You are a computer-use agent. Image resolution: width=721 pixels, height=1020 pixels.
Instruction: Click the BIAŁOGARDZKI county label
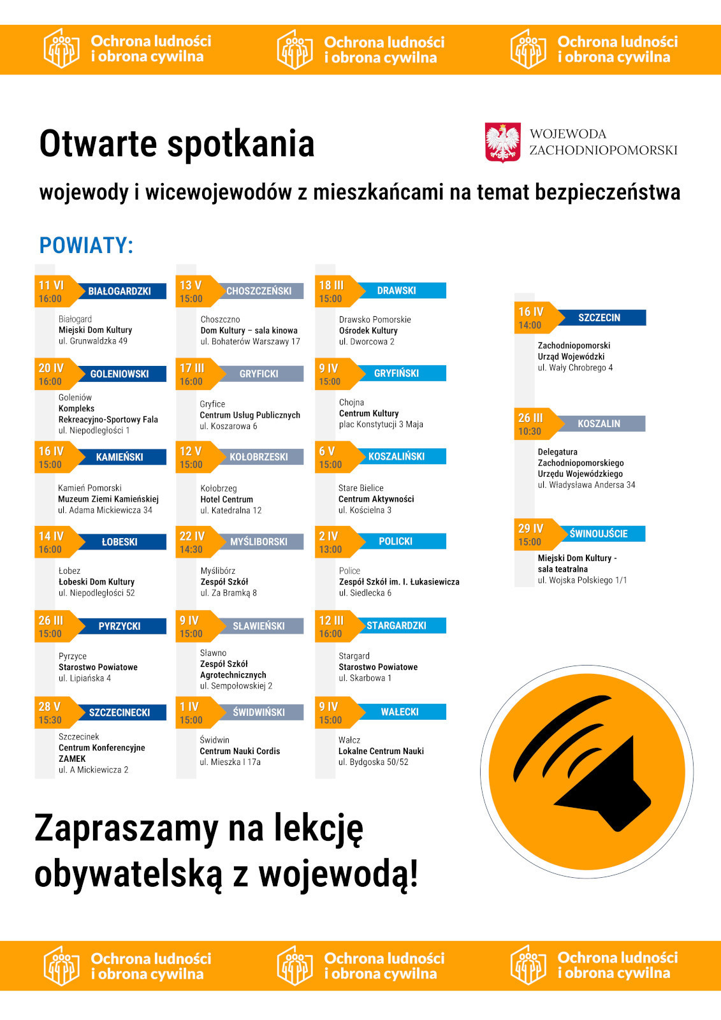point(120,291)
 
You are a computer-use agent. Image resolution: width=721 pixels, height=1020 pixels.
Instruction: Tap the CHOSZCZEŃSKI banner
point(259,291)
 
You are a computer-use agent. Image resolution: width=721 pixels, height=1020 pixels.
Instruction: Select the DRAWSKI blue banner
point(397,291)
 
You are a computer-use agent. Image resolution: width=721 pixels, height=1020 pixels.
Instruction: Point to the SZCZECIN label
point(599,317)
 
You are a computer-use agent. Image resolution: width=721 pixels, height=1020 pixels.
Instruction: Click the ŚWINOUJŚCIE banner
point(599,534)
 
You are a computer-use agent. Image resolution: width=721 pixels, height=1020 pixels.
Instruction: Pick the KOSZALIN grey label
point(599,423)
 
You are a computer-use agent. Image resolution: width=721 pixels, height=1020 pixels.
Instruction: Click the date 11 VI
point(51,285)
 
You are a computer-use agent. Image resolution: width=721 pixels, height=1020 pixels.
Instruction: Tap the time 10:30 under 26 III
point(530,432)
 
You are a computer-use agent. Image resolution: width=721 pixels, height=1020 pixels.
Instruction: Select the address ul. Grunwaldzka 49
point(93,341)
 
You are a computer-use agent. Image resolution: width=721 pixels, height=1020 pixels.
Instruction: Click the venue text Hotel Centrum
point(226,499)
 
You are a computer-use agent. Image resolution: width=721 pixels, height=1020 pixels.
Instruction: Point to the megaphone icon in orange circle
point(586,771)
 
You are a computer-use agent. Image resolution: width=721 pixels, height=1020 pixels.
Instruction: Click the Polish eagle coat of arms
point(503,142)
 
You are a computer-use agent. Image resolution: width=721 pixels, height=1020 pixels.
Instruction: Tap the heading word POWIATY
point(86,245)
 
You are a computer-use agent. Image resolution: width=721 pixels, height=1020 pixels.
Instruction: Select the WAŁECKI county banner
point(400,712)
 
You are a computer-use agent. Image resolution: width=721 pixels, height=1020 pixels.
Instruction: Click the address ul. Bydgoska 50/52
point(374,762)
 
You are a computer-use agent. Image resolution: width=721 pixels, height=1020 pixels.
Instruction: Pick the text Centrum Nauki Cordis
point(240,751)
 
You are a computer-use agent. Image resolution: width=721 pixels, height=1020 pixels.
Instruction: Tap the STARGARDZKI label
point(397,625)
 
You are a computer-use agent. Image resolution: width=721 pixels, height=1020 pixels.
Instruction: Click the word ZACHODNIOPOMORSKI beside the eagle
point(603,150)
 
